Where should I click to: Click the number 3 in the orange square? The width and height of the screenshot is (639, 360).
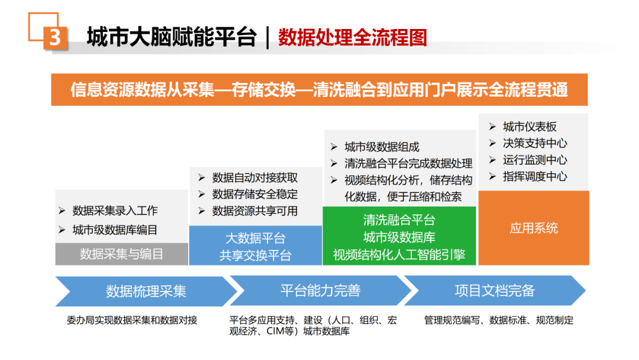click(54, 38)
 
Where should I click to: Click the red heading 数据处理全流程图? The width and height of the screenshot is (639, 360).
click(352, 37)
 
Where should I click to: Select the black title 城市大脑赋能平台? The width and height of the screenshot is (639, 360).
click(172, 37)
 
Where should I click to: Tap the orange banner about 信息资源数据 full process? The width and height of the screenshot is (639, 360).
click(319, 89)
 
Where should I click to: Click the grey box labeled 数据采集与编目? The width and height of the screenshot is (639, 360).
click(122, 254)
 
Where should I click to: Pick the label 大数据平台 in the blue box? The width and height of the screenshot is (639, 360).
click(256, 238)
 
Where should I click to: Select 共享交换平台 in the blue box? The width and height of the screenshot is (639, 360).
click(256, 255)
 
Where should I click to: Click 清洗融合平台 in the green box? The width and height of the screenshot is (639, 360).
click(399, 220)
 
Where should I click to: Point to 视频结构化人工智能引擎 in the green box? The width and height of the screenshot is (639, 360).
click(399, 255)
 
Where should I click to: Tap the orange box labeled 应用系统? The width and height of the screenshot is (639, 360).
click(534, 228)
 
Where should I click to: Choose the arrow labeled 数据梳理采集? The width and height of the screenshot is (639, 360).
click(146, 291)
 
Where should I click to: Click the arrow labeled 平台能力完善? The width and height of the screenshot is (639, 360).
click(320, 291)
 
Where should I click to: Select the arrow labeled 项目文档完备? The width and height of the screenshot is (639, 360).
click(495, 291)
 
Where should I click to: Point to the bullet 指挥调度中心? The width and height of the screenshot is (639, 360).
click(535, 176)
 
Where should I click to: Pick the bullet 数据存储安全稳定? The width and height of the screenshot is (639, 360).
click(255, 194)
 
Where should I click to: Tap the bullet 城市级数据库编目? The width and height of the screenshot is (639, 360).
click(115, 230)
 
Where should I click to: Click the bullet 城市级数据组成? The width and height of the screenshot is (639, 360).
click(382, 147)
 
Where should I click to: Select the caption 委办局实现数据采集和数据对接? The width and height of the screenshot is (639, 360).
click(132, 320)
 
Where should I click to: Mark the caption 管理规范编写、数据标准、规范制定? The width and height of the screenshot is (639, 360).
click(499, 320)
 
